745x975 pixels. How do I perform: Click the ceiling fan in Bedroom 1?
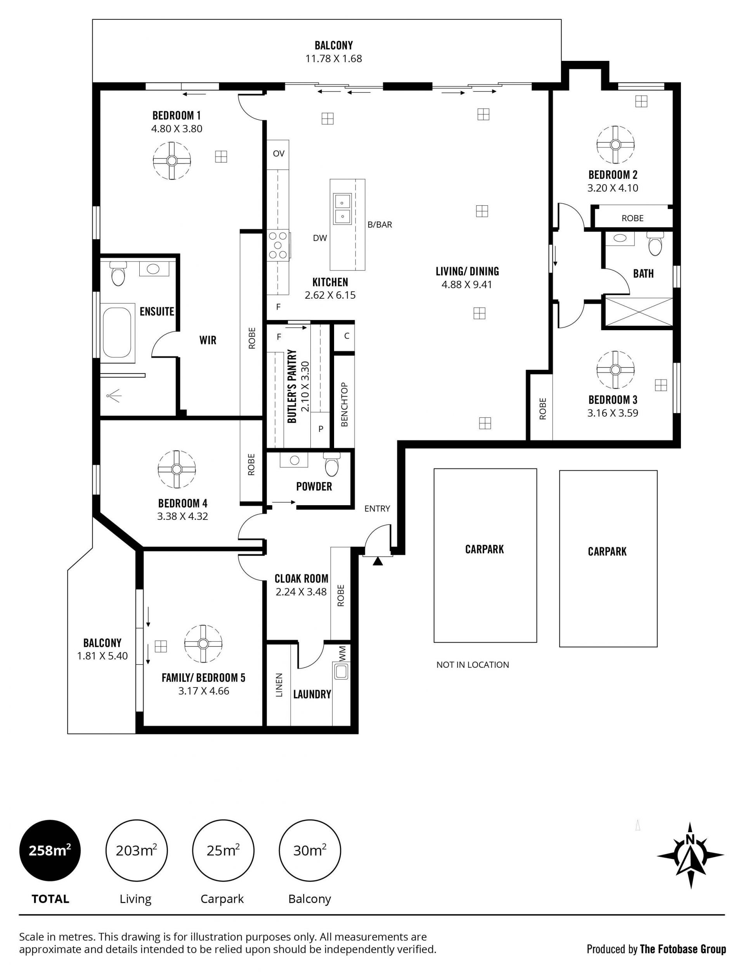172,161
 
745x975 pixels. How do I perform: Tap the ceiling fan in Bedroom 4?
177,469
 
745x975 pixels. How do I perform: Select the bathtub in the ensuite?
118,333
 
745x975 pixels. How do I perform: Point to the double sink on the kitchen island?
342,209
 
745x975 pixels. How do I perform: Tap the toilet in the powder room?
331,464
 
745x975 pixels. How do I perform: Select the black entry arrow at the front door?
378,561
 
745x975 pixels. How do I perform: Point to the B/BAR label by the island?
379,225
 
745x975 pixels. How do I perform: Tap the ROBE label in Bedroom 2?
632,218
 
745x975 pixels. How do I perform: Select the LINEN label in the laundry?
279,686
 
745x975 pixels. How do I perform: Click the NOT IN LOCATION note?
473,665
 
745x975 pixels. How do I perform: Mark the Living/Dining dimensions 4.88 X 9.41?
467,285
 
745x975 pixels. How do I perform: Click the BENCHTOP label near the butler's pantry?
345,404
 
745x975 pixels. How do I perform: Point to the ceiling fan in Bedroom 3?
615,370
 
